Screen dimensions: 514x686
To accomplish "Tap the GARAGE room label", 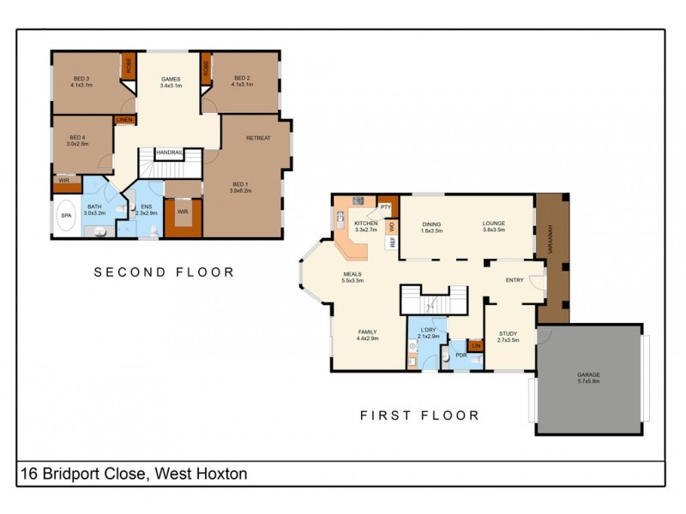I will [589, 375].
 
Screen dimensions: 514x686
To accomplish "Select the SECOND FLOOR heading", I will [164, 272].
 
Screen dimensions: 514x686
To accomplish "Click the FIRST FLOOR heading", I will [418, 415].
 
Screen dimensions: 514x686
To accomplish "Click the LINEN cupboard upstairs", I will [124, 120].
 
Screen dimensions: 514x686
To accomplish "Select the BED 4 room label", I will [77, 138].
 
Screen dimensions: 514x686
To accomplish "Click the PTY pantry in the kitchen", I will [386, 206].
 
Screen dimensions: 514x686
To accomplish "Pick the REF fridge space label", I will [393, 242].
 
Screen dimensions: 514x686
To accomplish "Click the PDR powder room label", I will [460, 355].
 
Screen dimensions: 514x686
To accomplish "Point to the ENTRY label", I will [514, 279].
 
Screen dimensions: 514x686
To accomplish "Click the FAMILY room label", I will [367, 332].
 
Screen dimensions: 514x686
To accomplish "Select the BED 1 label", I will [239, 183].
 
